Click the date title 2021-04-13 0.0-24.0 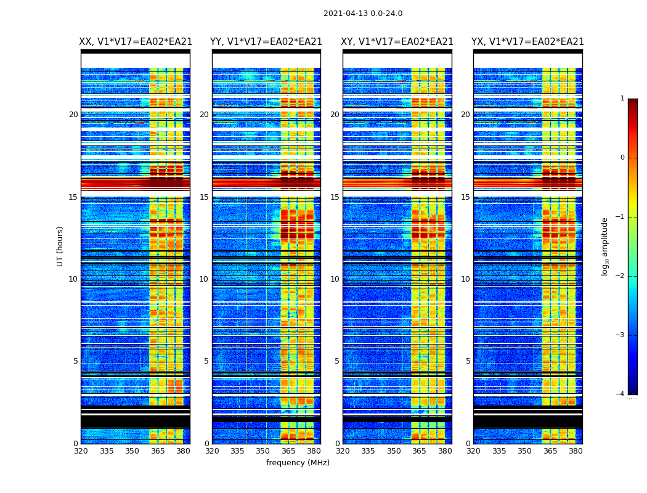pos(363,14)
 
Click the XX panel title pos(136,42)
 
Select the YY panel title pos(266,42)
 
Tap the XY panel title pos(397,42)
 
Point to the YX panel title pos(528,42)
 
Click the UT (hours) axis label pos(60,246)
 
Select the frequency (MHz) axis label pos(298,463)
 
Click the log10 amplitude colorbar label pos(605,246)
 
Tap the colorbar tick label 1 pos(622,99)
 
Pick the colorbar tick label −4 pos(621,394)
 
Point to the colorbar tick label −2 pos(621,276)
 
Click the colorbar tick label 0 pos(622,158)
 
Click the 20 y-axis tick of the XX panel pos(73,115)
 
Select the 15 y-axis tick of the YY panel pos(204,197)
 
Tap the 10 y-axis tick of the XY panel pos(335,279)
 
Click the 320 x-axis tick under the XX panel pos(81,451)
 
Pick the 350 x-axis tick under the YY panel pos(263,451)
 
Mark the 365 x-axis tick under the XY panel pos(419,451)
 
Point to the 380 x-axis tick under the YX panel pos(576,451)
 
